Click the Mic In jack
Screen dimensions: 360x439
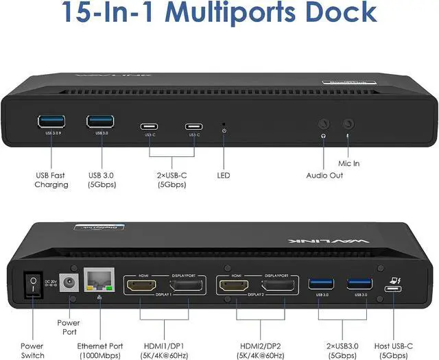click(x=349, y=125)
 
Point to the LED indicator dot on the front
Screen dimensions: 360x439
click(x=224, y=125)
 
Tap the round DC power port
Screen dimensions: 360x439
click(x=69, y=283)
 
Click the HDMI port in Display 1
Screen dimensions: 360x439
click(x=142, y=286)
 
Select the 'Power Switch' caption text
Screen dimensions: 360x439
click(x=32, y=351)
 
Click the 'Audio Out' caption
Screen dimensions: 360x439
click(x=325, y=176)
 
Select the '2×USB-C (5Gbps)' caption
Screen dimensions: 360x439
click(x=172, y=180)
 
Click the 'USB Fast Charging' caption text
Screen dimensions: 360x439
click(x=52, y=180)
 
